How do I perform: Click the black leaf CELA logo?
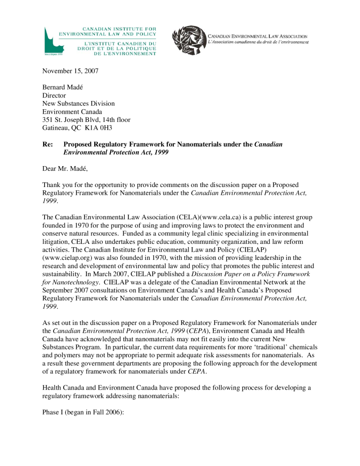click(188, 41)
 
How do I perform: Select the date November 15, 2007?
click(70, 71)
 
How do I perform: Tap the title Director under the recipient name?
click(54, 96)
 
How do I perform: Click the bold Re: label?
click(48, 144)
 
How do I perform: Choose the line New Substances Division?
click(78, 104)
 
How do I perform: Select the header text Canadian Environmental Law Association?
click(258, 36)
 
